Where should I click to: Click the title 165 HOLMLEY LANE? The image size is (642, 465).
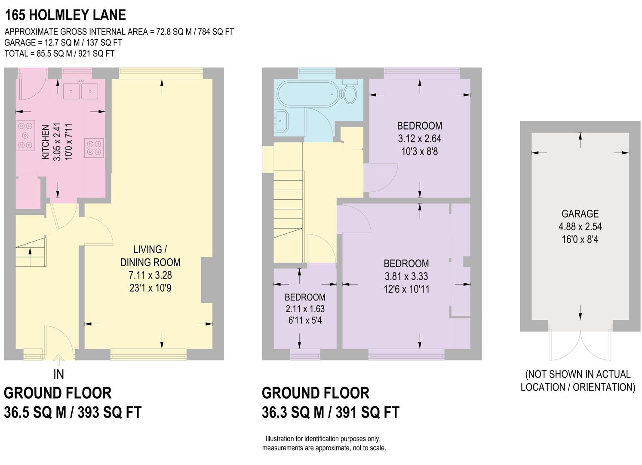[x=65, y=15]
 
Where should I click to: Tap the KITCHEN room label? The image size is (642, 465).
[x=45, y=143]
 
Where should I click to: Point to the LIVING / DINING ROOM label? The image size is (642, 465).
[x=150, y=256]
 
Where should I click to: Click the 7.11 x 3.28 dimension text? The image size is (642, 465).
[x=150, y=275]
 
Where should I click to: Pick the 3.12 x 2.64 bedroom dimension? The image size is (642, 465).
[x=419, y=139]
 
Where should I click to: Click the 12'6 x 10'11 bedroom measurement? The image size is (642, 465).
[x=406, y=289]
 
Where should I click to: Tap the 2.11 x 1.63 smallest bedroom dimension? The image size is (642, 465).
[x=305, y=309]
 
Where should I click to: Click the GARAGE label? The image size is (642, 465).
[x=580, y=214]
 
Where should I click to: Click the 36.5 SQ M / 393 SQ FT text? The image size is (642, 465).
[x=73, y=412]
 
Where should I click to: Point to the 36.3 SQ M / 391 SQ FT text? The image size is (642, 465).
[x=330, y=412]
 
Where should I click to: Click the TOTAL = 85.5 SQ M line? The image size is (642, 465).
[x=59, y=53]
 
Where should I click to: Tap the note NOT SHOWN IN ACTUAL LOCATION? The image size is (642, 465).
[x=578, y=381]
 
